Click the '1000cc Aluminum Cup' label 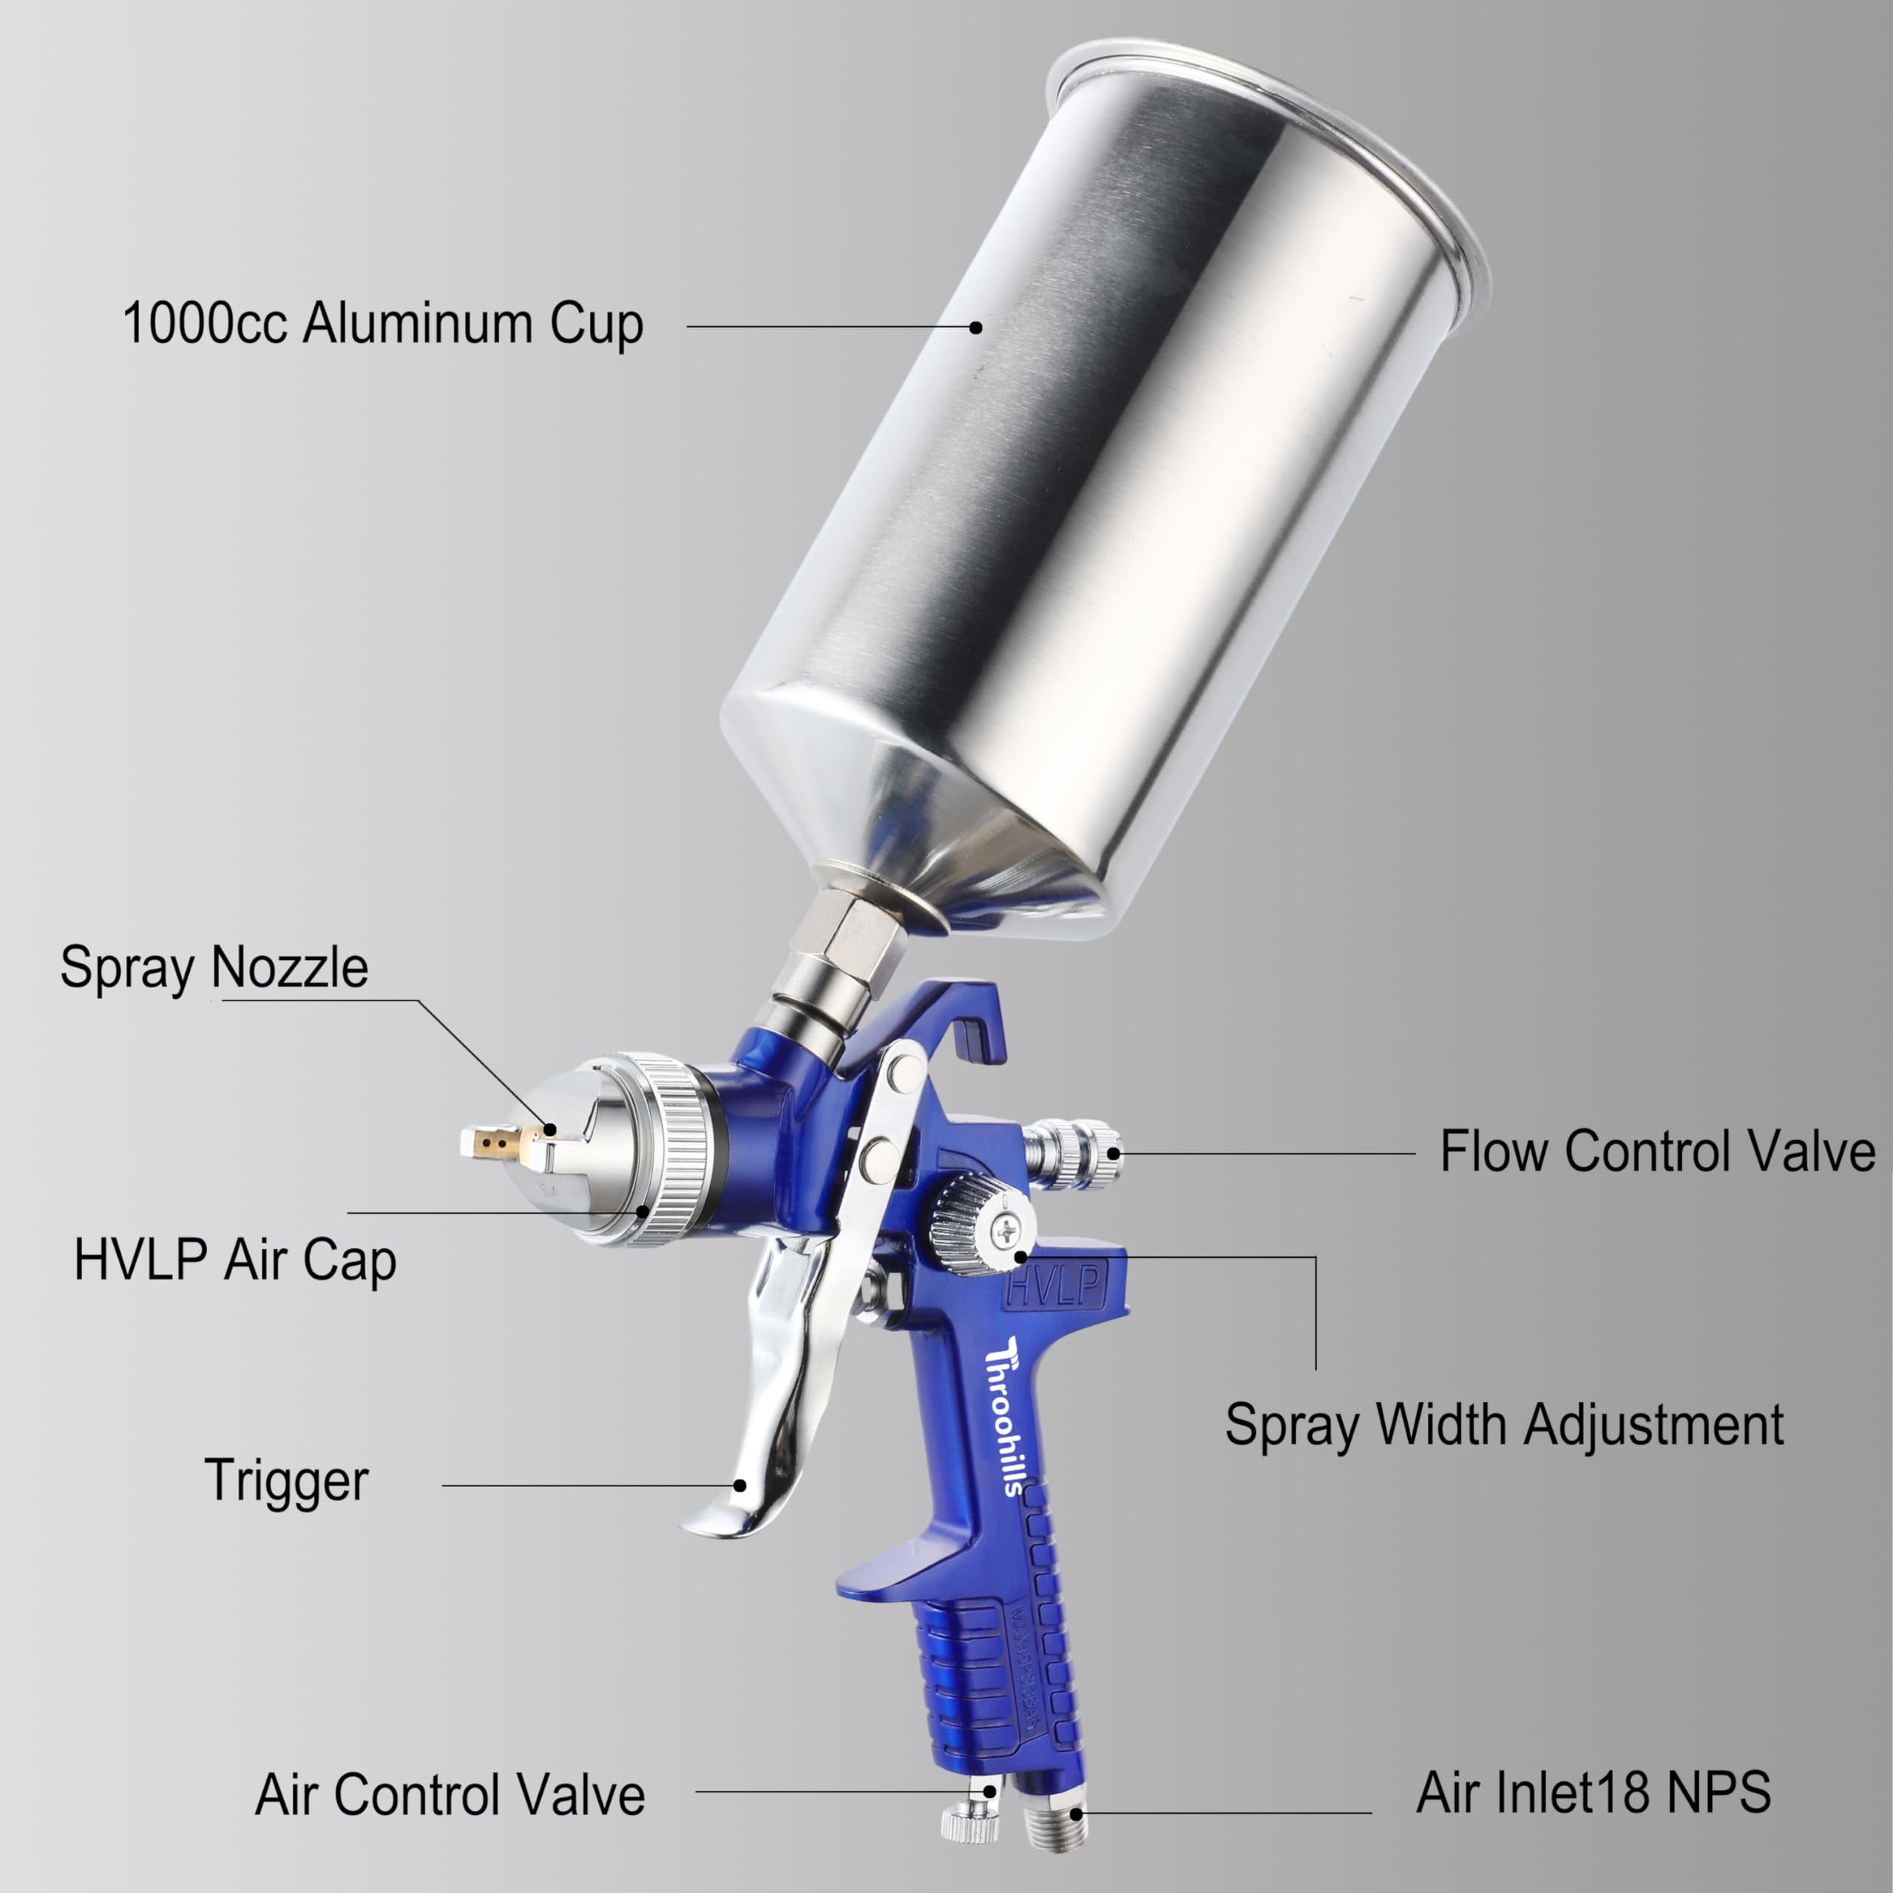(x=383, y=325)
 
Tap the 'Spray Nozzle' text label (x=214, y=968)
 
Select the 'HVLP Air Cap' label (x=235, y=1260)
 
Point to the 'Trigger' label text (x=286, y=1480)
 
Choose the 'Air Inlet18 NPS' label (x=1594, y=1792)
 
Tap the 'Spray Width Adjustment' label (x=1504, y=1426)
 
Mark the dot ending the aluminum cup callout (x=976, y=328)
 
